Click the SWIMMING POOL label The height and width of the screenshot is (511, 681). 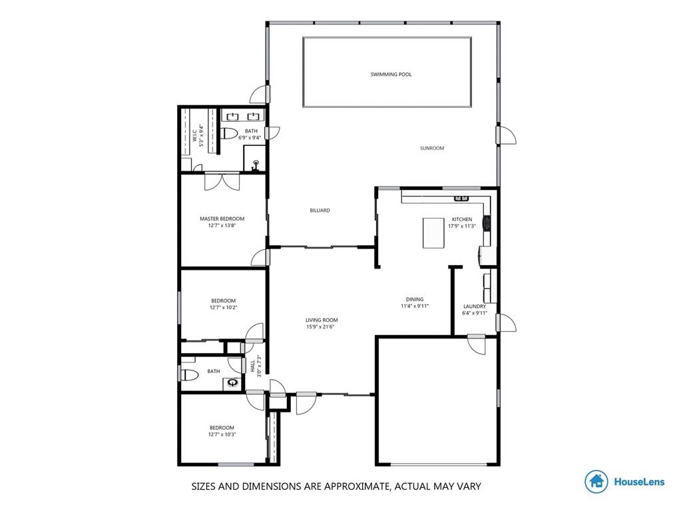pyautogui.click(x=391, y=75)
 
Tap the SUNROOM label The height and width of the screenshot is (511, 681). pyautogui.click(x=432, y=148)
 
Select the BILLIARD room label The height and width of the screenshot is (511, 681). pyautogui.click(x=320, y=211)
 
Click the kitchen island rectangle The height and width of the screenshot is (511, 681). pyautogui.click(x=433, y=233)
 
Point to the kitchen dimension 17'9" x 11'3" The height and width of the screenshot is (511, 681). pyautogui.click(x=462, y=226)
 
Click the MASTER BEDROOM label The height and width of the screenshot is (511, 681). pyautogui.click(x=222, y=219)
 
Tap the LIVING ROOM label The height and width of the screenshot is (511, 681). pyautogui.click(x=322, y=320)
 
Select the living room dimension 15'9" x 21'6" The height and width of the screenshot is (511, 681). pyautogui.click(x=322, y=326)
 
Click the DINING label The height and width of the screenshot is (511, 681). pyautogui.click(x=415, y=299)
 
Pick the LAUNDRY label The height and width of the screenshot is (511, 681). pyautogui.click(x=475, y=306)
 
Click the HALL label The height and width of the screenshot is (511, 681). pyautogui.click(x=253, y=366)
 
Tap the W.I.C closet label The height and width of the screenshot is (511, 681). pyautogui.click(x=194, y=135)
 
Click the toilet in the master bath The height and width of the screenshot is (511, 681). pyautogui.click(x=229, y=133)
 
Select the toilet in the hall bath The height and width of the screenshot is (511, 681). pyautogui.click(x=189, y=374)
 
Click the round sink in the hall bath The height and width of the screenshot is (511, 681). pyautogui.click(x=234, y=383)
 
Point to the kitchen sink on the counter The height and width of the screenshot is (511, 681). pyautogui.click(x=462, y=199)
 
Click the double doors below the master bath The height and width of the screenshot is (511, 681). pyautogui.click(x=222, y=182)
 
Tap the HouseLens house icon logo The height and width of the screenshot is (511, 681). pyautogui.click(x=596, y=482)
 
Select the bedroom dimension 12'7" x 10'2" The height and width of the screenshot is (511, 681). pyautogui.click(x=223, y=307)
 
